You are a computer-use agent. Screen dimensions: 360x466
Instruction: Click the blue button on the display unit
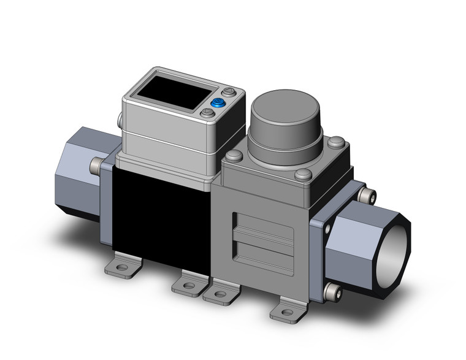point(216,103)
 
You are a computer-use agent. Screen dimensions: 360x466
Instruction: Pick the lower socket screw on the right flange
point(332,289)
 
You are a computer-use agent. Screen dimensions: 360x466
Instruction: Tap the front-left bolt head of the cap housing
point(231,157)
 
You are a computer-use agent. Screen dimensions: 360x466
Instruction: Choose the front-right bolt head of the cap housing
point(301,175)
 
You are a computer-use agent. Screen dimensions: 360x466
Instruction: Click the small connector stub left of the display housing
point(116,117)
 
